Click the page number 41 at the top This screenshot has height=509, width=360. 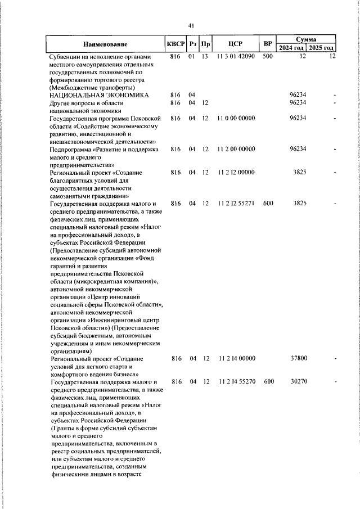coord(191,25)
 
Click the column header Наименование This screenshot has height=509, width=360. coord(106,44)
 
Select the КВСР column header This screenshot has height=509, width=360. coord(175,44)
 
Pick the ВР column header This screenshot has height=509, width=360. coord(268,44)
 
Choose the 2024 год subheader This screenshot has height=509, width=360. coord(294,48)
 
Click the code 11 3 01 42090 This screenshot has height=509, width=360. coord(235,57)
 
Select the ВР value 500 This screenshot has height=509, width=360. coord(268,57)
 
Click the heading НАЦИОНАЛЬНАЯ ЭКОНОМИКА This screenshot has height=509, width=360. coord(100,95)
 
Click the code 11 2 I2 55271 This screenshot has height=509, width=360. coord(235,202)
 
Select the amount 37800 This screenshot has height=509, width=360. coord(298,358)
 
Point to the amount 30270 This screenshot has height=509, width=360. coord(298,381)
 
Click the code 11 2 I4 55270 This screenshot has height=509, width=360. coord(235,381)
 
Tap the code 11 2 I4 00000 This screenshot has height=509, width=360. coord(235,358)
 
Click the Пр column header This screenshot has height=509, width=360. coord(206,44)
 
